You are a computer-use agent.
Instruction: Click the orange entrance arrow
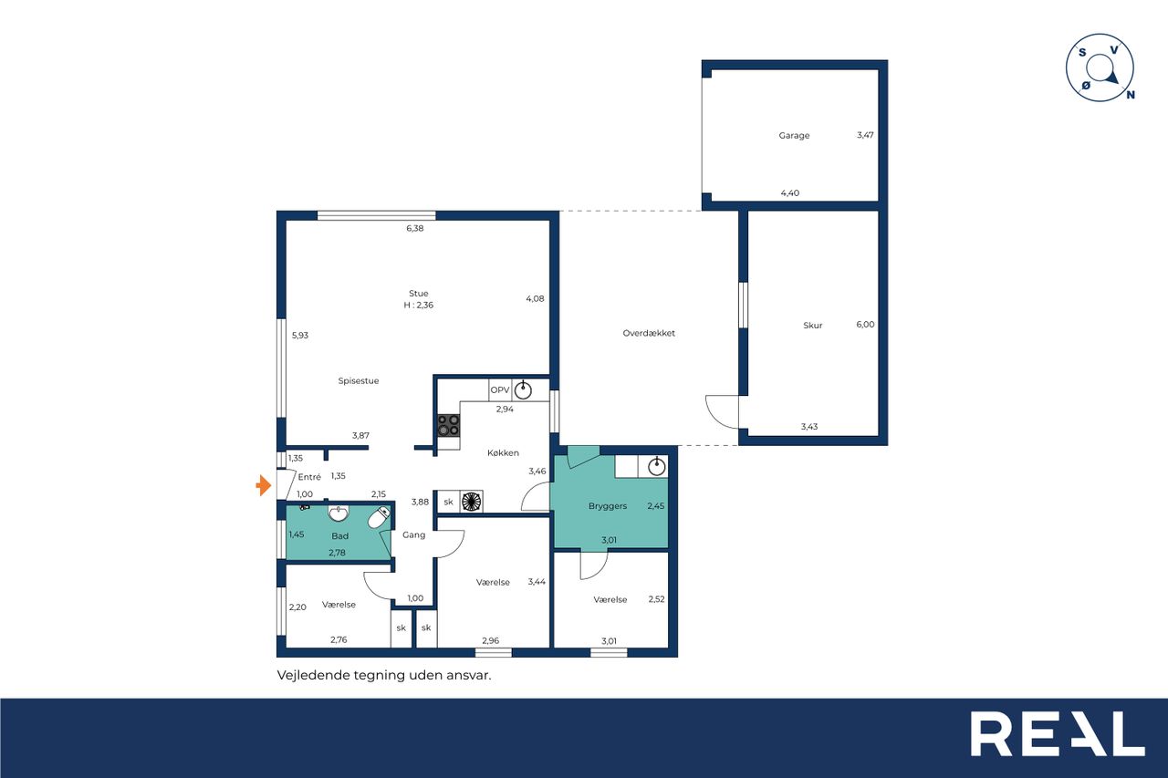click(264, 485)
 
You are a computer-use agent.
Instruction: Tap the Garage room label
click(794, 136)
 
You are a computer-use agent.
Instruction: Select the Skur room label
click(813, 326)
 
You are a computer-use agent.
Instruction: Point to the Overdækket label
click(649, 333)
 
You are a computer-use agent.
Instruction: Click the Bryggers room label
click(608, 506)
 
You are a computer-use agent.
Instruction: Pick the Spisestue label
click(359, 381)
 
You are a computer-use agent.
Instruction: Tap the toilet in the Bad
click(379, 517)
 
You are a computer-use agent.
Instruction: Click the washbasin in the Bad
click(339, 513)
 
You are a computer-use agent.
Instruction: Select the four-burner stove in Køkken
click(448, 425)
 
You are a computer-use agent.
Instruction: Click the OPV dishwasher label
click(499, 389)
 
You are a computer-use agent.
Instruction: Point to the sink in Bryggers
click(656, 467)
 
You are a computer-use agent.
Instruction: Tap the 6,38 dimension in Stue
click(415, 228)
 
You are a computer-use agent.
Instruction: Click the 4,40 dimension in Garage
click(790, 192)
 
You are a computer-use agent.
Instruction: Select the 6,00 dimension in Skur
click(865, 324)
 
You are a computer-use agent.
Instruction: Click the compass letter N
click(1131, 95)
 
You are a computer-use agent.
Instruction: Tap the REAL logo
click(1058, 733)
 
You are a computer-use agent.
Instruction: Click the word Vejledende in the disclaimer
click(313, 675)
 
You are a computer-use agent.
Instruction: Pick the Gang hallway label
click(413, 535)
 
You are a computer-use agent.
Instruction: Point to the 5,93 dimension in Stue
click(300, 336)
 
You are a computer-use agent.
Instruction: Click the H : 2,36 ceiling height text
click(418, 306)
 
